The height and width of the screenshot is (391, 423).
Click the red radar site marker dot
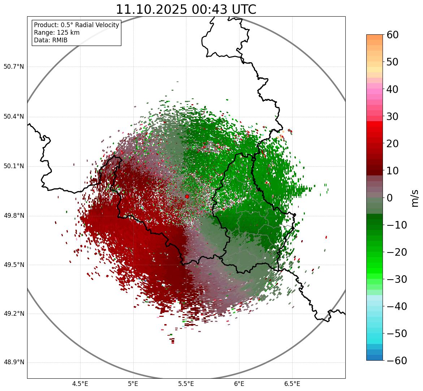click(187, 196)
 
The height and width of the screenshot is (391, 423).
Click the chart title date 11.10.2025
click(152, 10)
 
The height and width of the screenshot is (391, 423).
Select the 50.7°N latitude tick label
click(14, 67)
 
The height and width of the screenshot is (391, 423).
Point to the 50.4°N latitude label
click(14, 117)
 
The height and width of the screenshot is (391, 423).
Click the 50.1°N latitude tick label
click(14, 166)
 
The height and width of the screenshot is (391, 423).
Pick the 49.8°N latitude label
click(14, 216)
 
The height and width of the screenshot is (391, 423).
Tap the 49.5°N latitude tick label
click(14, 265)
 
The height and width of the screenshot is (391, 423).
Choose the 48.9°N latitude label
click(14, 362)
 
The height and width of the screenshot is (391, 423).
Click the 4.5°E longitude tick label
click(80, 384)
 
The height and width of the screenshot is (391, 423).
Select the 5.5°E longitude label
click(186, 384)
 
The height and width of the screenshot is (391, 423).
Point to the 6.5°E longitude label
click(292, 384)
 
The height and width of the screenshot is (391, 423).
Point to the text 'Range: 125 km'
click(57, 33)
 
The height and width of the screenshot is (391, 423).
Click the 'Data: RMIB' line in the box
click(51, 40)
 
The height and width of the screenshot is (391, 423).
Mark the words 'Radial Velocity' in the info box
click(97, 25)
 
